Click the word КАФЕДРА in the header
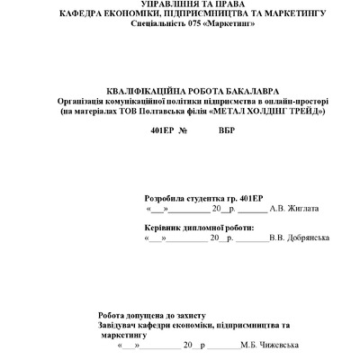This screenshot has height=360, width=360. (80, 15)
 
